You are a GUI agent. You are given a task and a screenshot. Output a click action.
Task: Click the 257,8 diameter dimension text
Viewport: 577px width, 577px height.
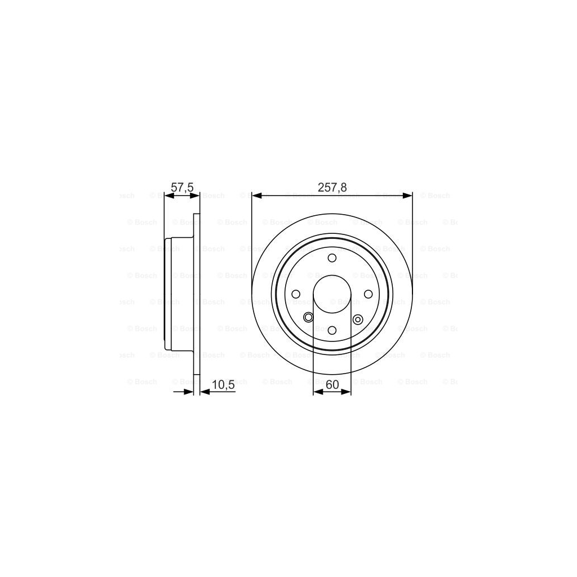click(x=332, y=188)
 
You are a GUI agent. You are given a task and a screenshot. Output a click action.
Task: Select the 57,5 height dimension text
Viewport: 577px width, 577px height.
click(x=182, y=188)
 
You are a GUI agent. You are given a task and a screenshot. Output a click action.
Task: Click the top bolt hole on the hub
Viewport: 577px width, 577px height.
click(x=332, y=258)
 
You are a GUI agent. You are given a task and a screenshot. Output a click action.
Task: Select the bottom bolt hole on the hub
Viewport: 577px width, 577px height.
click(x=332, y=330)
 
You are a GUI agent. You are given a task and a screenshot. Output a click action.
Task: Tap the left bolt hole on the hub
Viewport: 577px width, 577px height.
click(x=296, y=294)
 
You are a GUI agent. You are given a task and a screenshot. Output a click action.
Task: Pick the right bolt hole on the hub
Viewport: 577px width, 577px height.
click(x=368, y=294)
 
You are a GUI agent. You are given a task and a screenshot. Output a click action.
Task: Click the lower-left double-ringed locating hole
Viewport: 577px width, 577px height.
click(x=308, y=318)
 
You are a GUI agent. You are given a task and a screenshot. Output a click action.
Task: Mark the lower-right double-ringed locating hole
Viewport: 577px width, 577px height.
click(x=357, y=319)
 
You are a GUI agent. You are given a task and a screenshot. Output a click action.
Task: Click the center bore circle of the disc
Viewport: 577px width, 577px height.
click(x=332, y=294)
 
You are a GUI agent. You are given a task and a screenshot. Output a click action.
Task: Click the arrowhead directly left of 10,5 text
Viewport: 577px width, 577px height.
click(x=205, y=392)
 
